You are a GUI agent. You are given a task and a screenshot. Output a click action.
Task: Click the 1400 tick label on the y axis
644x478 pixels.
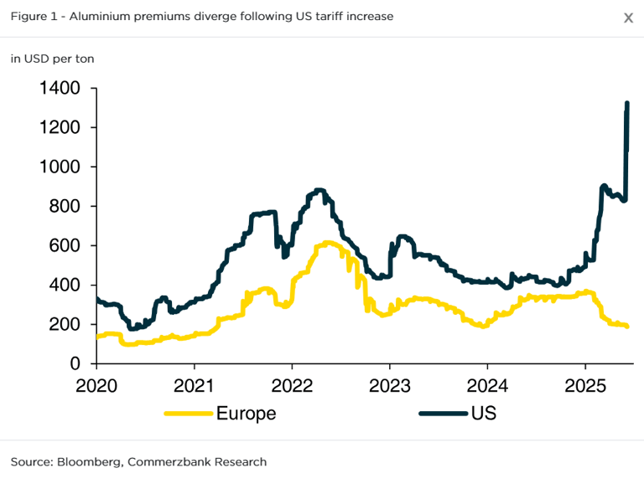[x=59, y=88]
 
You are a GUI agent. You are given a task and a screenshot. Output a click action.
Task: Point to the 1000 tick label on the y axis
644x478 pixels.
[x=59, y=167]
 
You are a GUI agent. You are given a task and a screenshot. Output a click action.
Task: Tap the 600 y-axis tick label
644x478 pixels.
[x=64, y=245]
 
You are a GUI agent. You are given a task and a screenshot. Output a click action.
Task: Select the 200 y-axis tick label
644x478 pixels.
[x=64, y=324]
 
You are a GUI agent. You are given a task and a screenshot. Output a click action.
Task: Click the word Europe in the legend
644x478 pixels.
[x=246, y=413]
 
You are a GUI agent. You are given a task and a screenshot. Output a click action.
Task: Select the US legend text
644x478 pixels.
[x=484, y=413]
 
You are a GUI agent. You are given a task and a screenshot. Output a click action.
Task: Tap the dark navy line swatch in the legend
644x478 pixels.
[x=442, y=413]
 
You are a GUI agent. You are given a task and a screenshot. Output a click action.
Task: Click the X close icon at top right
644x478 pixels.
[x=628, y=18]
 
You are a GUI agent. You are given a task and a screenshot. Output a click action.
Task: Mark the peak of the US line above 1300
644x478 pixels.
[x=627, y=103]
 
